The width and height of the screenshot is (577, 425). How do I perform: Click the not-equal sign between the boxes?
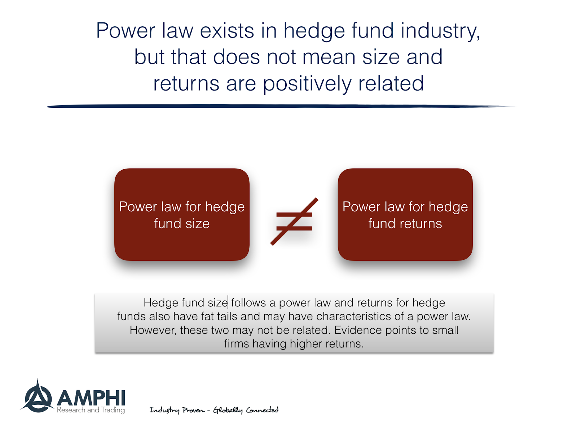point(294,222)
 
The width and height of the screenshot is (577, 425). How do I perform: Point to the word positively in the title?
point(307,84)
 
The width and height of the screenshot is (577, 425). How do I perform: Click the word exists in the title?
point(227,31)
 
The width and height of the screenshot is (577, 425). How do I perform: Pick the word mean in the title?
point(329,57)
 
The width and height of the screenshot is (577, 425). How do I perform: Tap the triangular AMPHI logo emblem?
point(38,398)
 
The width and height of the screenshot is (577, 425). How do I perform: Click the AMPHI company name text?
point(91,398)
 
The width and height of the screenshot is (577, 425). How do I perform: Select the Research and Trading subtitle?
point(91,410)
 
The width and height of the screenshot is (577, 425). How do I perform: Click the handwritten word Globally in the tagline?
point(228,410)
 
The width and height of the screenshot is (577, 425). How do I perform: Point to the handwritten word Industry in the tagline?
point(164,410)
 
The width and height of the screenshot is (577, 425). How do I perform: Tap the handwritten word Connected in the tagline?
point(262,410)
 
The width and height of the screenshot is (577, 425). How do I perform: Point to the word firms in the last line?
point(237,344)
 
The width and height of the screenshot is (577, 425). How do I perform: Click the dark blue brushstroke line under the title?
point(281,106)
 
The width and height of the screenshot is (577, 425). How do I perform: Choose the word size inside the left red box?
point(197,224)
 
